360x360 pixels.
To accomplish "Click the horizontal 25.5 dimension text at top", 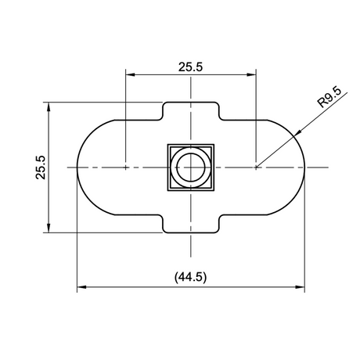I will coord(190,67).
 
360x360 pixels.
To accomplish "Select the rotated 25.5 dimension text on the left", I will coord(41,167).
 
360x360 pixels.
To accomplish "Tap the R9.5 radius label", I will coord(329,99).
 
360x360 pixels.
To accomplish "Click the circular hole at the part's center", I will coord(191,167).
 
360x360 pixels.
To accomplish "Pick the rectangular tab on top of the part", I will coord(191,111).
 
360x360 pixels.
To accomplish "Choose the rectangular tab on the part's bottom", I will coord(191,223).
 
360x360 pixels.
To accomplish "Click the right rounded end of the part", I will coord(293,167).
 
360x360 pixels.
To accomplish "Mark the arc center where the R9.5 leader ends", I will coord(256,167).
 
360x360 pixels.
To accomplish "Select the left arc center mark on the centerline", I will coord(126,167).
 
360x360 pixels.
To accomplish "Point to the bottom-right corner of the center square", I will coord(213,189).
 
